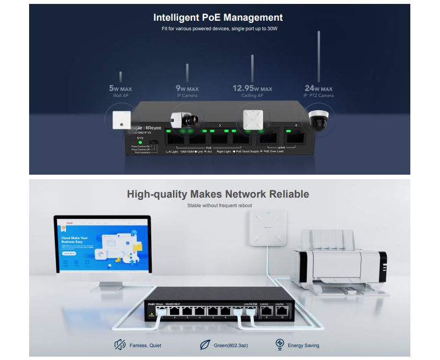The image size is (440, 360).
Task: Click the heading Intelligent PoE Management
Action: pyautogui.click(x=218, y=18)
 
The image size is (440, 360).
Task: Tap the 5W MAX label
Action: pyautogui.click(x=120, y=88)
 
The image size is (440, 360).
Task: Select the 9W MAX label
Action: pyautogui.click(x=187, y=88)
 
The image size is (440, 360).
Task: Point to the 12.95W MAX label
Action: pyautogui.click(x=252, y=88)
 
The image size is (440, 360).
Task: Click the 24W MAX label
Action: pyautogui.click(x=319, y=88)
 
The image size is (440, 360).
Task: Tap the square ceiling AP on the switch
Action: pyautogui.click(x=252, y=118)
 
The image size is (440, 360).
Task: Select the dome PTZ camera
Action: pyautogui.click(x=319, y=119)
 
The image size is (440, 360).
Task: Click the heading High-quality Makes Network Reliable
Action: pyautogui.click(x=218, y=194)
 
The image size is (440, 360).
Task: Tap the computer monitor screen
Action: pyautogui.click(x=102, y=245)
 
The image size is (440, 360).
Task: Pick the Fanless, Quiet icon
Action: pyautogui.click(x=119, y=344)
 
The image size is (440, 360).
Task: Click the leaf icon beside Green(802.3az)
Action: pyautogui.click(x=205, y=344)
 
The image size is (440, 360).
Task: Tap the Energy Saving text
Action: pyautogui.click(x=303, y=345)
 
